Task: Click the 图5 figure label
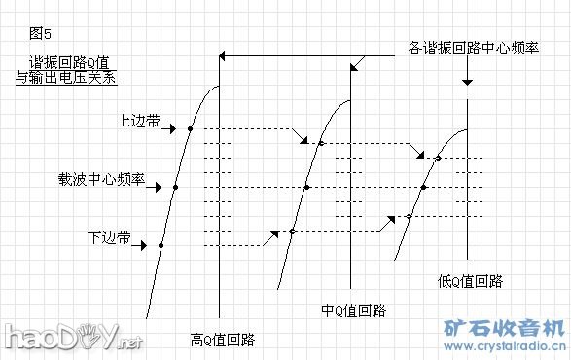click(x=40, y=32)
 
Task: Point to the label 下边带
click(x=109, y=236)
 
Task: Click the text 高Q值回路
click(x=223, y=340)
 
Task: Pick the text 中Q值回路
click(x=354, y=311)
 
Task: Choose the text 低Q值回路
click(x=471, y=282)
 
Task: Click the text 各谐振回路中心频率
click(x=472, y=47)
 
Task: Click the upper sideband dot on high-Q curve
click(x=191, y=128)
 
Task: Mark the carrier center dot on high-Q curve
click(x=175, y=187)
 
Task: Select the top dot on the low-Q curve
click(x=438, y=158)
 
